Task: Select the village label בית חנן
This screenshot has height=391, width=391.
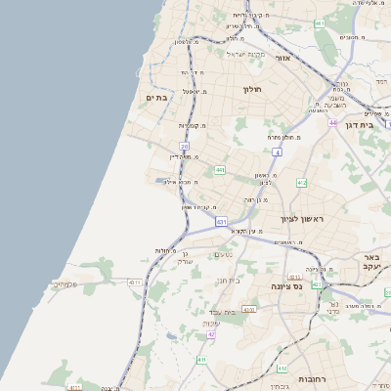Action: pyautogui.click(x=228, y=280)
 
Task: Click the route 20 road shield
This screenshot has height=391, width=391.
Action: pyautogui.click(x=184, y=147)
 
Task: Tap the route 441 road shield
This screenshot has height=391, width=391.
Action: pyautogui.click(x=220, y=170)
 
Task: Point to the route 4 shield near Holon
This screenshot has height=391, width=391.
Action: pyautogui.click(x=278, y=152)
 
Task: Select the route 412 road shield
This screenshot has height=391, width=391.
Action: pyautogui.click(x=301, y=183)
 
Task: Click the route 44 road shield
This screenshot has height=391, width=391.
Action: pyautogui.click(x=332, y=123)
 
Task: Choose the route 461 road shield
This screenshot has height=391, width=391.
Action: pyautogui.click(x=320, y=22)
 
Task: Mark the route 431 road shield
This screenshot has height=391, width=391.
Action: pyautogui.click(x=221, y=223)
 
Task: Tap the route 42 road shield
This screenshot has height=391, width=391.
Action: pyautogui.click(x=210, y=334)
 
